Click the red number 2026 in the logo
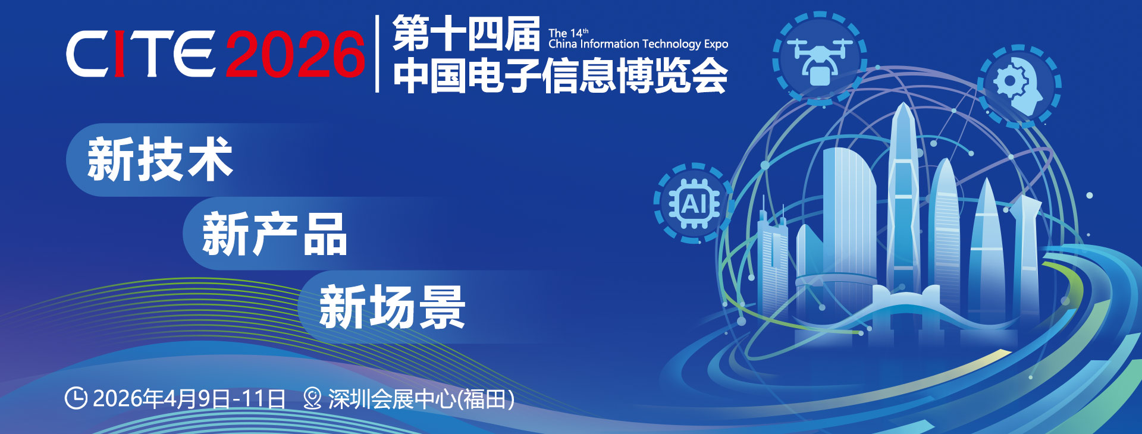click(x=295, y=54)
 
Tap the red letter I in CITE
click(x=119, y=54)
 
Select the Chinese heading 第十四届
click(x=466, y=34)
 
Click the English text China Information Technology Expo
click(x=638, y=44)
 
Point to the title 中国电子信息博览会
click(x=560, y=75)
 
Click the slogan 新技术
click(x=160, y=159)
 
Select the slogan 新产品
click(x=274, y=234)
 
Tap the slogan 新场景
click(x=392, y=307)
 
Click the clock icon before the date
click(x=76, y=398)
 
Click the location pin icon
click(x=312, y=398)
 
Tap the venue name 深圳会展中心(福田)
click(x=421, y=399)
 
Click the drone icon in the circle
click(x=819, y=58)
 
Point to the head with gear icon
click(x=1019, y=86)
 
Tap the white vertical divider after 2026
click(x=378, y=54)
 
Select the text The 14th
click(x=569, y=33)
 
